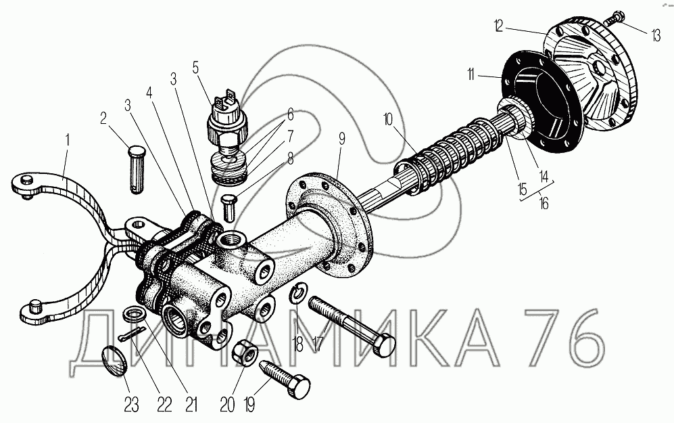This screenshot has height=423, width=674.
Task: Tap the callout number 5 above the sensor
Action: tap(195, 67)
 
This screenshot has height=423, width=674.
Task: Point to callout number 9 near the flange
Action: tap(342, 139)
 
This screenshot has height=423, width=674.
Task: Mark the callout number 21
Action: tap(191, 405)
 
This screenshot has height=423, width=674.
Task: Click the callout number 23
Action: tap(130, 405)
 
